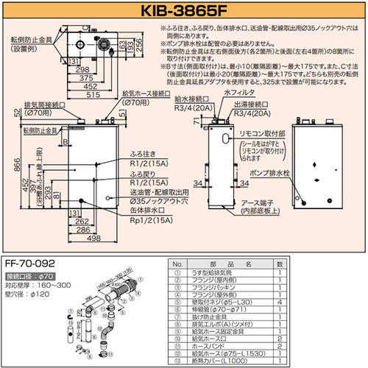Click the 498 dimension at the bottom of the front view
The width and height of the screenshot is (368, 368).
click(92, 238)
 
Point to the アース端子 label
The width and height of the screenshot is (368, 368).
click(266, 204)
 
